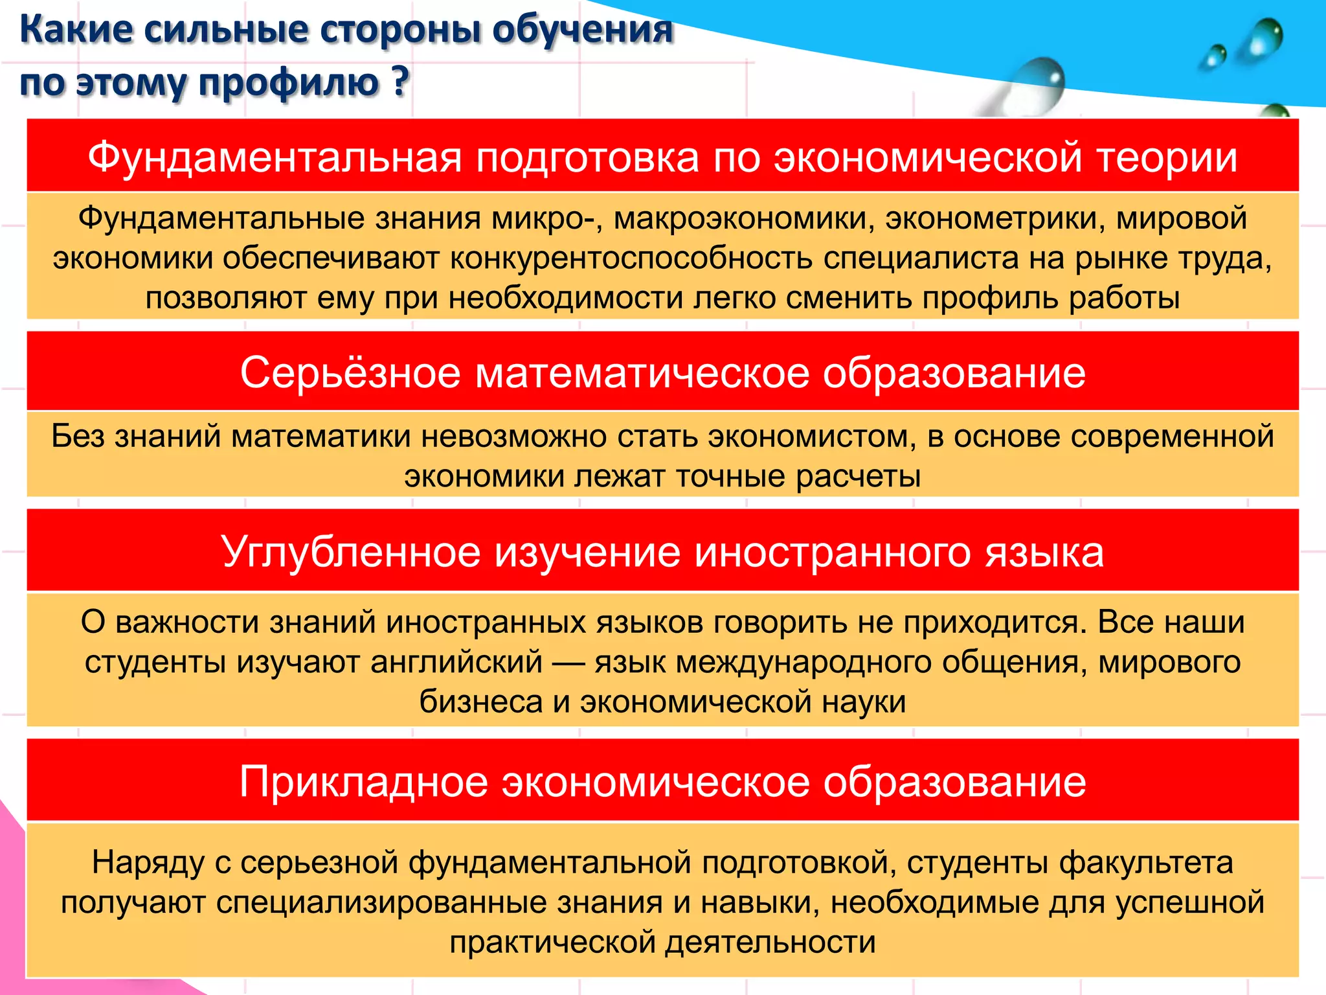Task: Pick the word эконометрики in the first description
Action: pos(995,218)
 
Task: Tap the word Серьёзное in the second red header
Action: pos(350,373)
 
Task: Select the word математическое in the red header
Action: pos(642,373)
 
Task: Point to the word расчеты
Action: pos(858,477)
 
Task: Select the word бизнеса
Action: pos(480,702)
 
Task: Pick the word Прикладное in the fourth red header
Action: pos(363,782)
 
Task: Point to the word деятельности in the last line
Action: pos(770,943)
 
